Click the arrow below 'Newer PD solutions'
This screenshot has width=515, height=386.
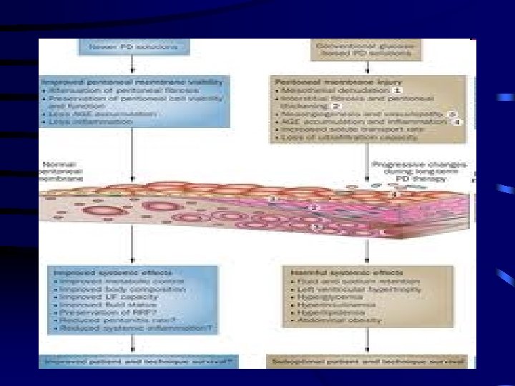pos(134,64)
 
